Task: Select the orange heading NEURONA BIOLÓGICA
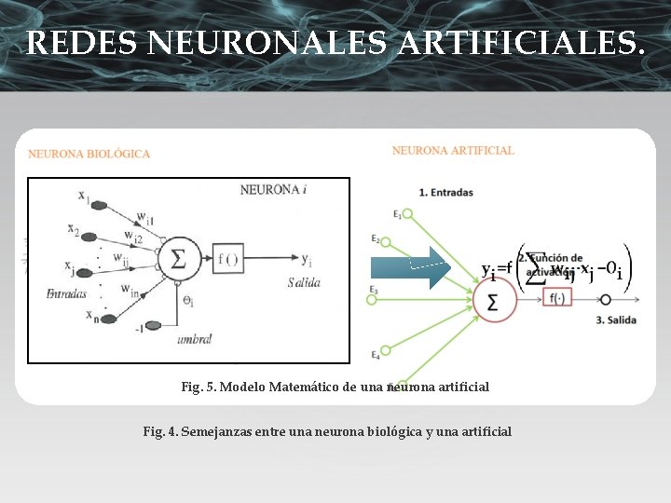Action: (x=89, y=154)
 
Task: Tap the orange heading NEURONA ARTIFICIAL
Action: (x=453, y=150)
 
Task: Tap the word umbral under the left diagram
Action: (x=194, y=340)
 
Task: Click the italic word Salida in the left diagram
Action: (x=304, y=281)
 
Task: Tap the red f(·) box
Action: (x=556, y=299)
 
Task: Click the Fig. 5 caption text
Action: (x=335, y=386)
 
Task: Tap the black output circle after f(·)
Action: (x=606, y=300)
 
